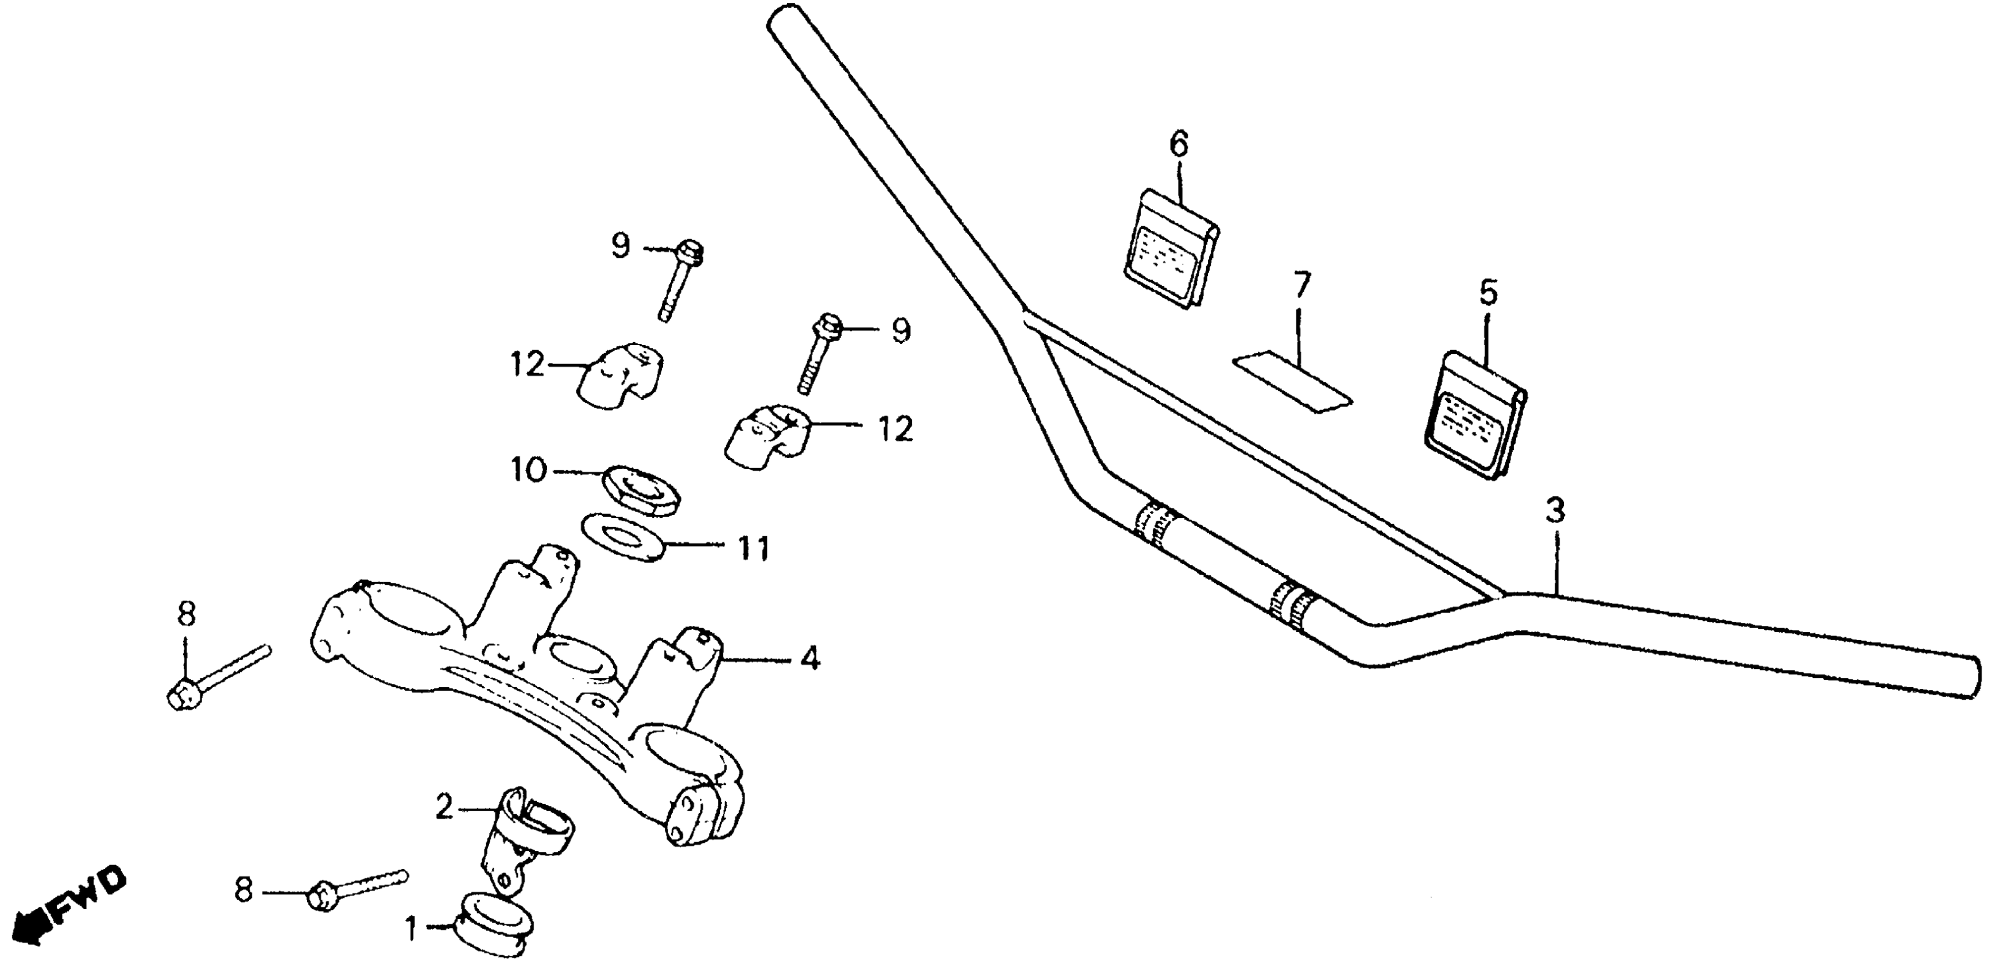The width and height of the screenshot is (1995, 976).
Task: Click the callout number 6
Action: point(1178,145)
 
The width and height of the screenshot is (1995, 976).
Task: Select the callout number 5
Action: point(1487,293)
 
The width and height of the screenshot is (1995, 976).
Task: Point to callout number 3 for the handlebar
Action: point(1554,511)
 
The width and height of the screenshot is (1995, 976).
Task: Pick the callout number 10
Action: point(529,470)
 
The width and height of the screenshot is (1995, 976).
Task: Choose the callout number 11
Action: point(752,549)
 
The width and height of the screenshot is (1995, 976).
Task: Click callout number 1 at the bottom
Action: point(412,929)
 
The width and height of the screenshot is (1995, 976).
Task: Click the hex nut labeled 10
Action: point(641,490)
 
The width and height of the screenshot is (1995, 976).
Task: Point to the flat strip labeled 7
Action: point(1292,382)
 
